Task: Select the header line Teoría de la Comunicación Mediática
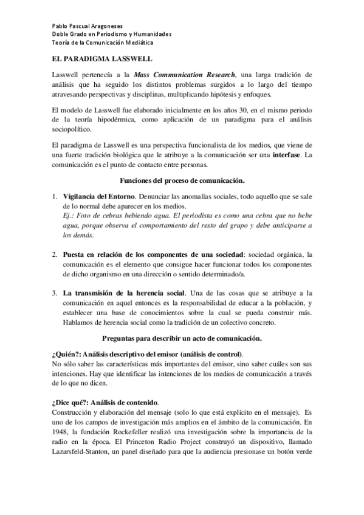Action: [x=101, y=43]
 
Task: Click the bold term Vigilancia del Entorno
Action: [x=99, y=197]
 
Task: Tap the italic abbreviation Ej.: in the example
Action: [x=69, y=216]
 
